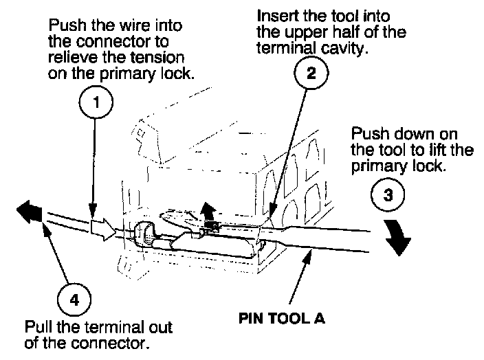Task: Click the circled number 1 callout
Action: click(96, 104)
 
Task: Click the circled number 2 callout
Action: click(311, 72)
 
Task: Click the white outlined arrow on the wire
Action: click(103, 226)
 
